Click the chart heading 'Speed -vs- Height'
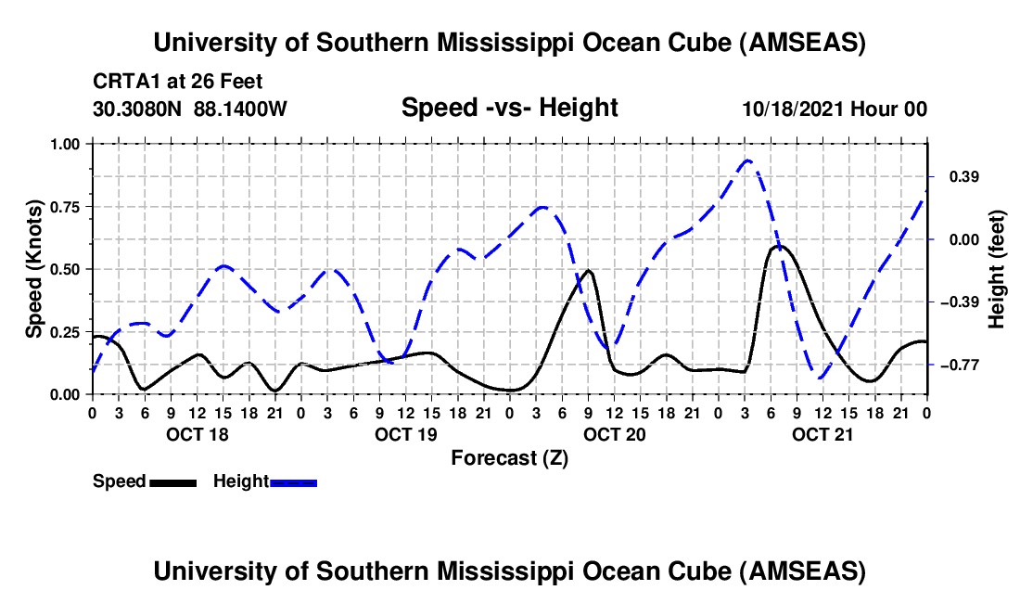[x=509, y=108]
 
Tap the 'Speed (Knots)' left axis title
[x=34, y=268]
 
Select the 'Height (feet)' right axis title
[x=997, y=269]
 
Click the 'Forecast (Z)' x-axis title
[x=509, y=457]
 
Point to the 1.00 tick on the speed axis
[x=64, y=144]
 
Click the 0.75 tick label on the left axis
[x=64, y=207]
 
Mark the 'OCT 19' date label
[x=405, y=434]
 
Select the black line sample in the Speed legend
[x=172, y=482]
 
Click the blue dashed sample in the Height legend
[x=293, y=482]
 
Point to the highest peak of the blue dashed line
[x=747, y=160]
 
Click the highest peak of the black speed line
[x=779, y=246]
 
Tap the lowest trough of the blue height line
[x=820, y=378]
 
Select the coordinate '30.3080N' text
[x=138, y=109]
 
